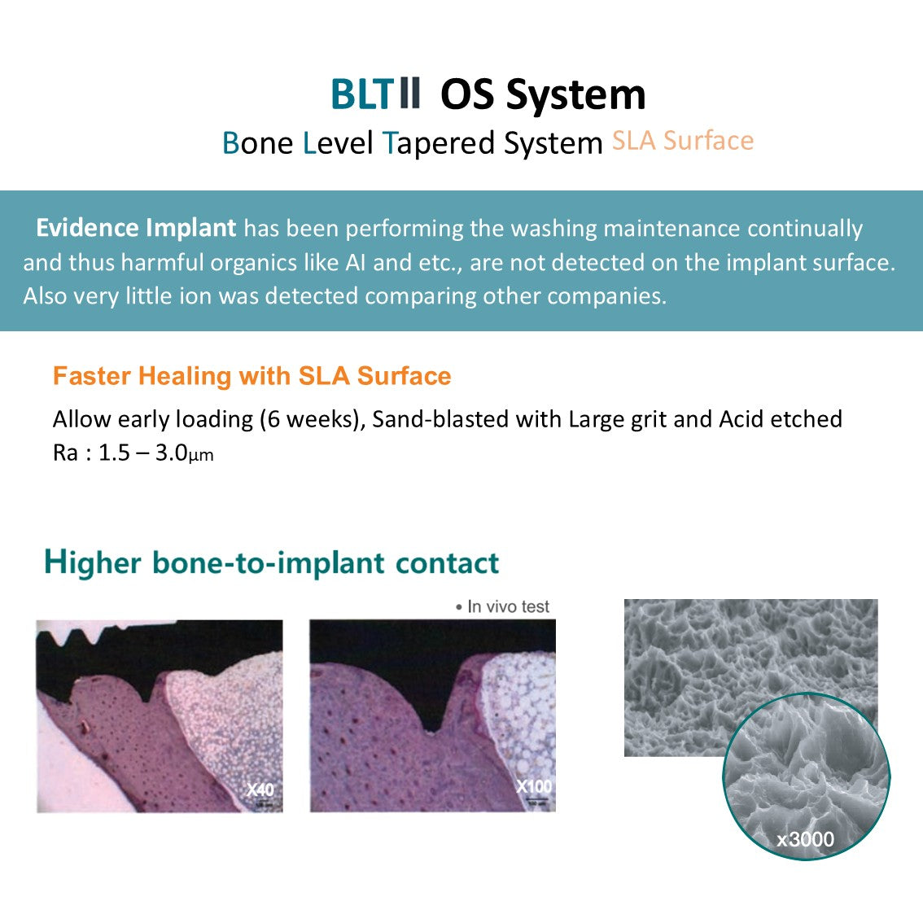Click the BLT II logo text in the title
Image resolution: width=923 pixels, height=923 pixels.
pyautogui.click(x=375, y=94)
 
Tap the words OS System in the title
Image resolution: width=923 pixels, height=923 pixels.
pyautogui.click(x=543, y=95)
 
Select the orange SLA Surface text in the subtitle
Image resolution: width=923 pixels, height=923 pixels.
pyautogui.click(x=683, y=142)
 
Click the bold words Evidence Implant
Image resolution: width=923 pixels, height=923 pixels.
pyautogui.click(x=136, y=228)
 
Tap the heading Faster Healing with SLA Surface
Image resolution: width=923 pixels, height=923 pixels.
pyautogui.click(x=252, y=375)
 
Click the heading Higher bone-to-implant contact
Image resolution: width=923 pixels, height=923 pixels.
pyautogui.click(x=271, y=562)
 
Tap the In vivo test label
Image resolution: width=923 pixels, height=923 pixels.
pyautogui.click(x=502, y=606)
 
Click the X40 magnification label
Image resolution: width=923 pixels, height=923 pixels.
pyautogui.click(x=260, y=789)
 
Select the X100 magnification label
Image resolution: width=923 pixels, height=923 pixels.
pyautogui.click(x=534, y=786)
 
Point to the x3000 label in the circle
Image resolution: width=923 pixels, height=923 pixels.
pyautogui.click(x=805, y=839)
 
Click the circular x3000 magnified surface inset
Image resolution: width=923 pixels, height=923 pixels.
pyautogui.click(x=807, y=776)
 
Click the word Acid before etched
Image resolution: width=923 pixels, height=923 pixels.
pyautogui.click(x=741, y=418)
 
